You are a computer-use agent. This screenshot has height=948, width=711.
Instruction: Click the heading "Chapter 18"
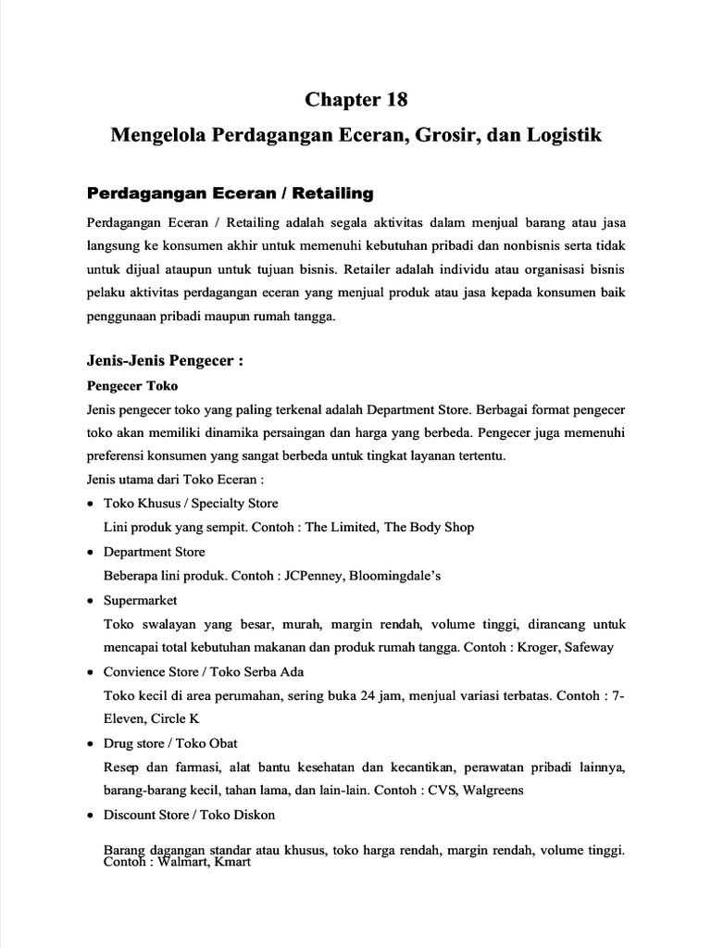click(x=356, y=99)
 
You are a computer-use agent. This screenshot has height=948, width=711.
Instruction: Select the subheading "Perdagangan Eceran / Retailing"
click(x=229, y=193)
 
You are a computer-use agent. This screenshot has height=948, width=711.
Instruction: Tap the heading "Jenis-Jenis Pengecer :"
click(x=164, y=362)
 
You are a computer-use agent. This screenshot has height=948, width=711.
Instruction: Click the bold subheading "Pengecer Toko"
click(x=131, y=385)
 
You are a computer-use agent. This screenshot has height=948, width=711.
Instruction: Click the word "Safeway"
click(x=588, y=647)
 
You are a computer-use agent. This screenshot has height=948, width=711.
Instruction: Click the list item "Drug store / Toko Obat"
click(x=170, y=742)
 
